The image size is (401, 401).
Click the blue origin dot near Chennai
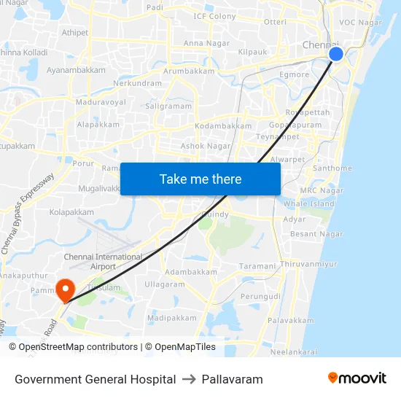tap(336, 54)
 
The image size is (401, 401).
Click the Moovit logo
tap(357, 378)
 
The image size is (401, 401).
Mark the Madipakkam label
tap(172, 318)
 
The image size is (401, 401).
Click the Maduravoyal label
tap(102, 102)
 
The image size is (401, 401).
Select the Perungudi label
tap(260, 297)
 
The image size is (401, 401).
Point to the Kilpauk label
tap(252, 52)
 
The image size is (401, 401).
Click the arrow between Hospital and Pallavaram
tap(189, 379)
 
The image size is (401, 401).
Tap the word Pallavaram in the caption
tap(232, 379)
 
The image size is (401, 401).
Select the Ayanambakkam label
tap(76, 70)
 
